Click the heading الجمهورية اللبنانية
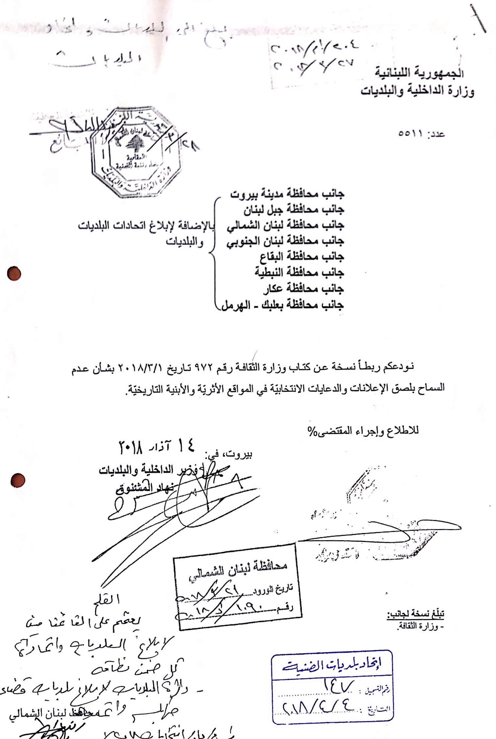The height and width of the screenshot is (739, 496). pos(420,73)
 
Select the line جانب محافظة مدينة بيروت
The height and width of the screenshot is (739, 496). pos(287,193)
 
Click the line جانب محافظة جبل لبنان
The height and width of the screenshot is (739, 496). pos(294,209)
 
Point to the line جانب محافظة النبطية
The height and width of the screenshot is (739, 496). pos(299,273)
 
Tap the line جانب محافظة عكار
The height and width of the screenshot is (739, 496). pos(303,289)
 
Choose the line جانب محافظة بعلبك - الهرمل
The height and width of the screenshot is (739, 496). pos(282,305)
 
